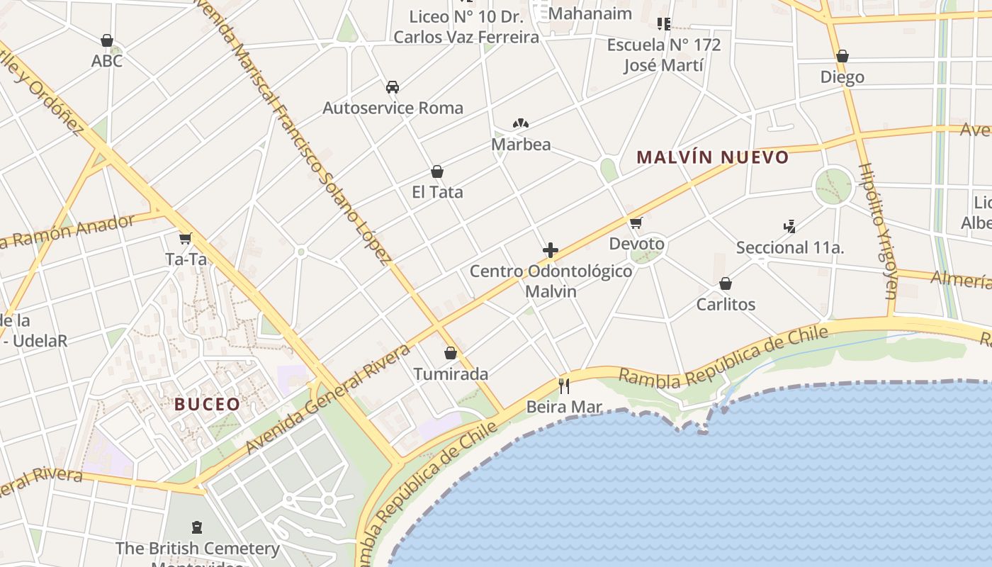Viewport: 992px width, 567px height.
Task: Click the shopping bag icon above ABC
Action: click(107, 40)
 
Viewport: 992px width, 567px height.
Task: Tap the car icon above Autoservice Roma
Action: click(393, 87)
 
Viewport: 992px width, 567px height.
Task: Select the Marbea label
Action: click(521, 145)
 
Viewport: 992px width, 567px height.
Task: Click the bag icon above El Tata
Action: click(437, 172)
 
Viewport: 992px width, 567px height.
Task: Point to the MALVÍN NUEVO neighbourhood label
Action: click(712, 157)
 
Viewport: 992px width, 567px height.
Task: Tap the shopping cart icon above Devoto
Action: click(636, 223)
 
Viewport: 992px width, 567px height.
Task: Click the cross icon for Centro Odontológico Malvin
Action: click(551, 250)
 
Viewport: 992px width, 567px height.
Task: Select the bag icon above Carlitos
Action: click(726, 284)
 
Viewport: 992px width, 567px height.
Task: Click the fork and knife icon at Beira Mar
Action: click(564, 386)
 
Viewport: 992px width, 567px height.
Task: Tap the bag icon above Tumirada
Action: click(451, 353)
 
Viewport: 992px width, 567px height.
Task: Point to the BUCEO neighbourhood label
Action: click(208, 405)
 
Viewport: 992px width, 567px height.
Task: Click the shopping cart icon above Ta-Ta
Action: click(186, 239)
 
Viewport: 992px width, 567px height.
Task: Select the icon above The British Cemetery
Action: click(197, 527)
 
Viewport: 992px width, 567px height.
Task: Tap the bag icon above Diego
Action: click(842, 56)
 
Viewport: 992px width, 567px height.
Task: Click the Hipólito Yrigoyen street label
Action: click(878, 230)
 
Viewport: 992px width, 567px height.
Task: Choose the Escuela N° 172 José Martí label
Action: click(664, 55)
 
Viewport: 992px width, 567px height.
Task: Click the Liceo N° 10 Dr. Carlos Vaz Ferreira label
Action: click(466, 27)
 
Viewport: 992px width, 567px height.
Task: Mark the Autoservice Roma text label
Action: click(393, 108)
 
